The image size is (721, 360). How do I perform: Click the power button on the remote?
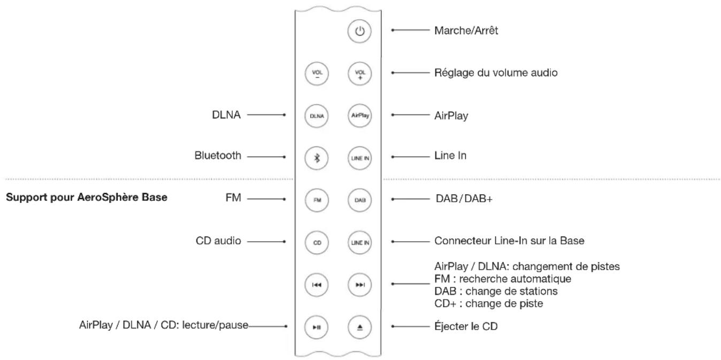359,31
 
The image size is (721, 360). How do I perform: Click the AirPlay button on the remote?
359,115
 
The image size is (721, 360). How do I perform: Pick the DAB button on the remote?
359,200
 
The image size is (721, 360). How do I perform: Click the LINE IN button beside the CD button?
359,242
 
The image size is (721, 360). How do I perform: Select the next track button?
359,284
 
